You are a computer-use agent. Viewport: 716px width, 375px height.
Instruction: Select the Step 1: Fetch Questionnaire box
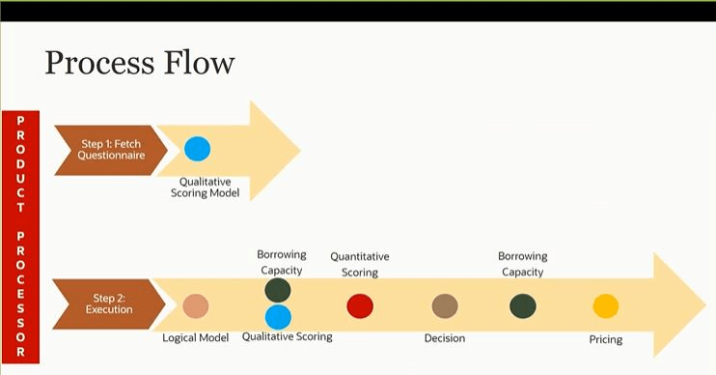tap(105, 150)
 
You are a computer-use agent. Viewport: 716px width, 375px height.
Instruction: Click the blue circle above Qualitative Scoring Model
tap(197, 149)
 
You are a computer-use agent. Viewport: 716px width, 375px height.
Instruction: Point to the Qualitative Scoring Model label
tap(211, 187)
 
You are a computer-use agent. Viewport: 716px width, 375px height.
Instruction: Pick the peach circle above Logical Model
tap(196, 306)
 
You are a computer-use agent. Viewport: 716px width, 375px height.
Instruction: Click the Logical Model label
tap(197, 337)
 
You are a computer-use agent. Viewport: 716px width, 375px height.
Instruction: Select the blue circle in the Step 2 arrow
tap(278, 316)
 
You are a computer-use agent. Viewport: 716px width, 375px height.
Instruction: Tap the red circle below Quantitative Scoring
tap(360, 306)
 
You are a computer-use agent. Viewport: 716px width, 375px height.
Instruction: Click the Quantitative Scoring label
tap(360, 264)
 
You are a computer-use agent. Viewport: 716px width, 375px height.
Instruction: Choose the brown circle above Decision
tap(445, 306)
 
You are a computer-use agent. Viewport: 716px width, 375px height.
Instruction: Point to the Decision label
tap(445, 338)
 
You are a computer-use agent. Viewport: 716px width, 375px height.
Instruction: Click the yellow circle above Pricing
tap(605, 306)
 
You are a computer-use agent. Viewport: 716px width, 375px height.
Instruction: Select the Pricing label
tap(606, 339)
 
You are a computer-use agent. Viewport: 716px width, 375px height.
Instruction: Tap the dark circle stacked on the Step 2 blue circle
tap(278, 291)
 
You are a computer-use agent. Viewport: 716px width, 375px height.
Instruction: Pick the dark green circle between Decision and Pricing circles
tap(523, 306)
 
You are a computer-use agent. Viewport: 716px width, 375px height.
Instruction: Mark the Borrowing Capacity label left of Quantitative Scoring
tap(281, 262)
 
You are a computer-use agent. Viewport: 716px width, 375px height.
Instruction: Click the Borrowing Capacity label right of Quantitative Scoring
tap(523, 264)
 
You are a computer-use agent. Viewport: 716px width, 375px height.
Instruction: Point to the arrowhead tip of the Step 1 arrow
tap(299, 150)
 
